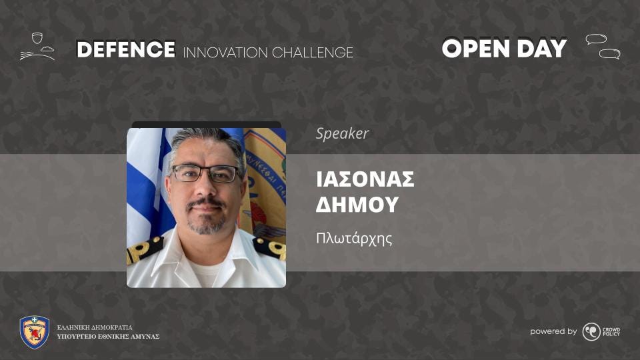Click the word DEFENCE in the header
(126, 49)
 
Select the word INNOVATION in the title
(225, 53)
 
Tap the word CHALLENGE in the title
(312, 53)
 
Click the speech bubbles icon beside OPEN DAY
(603, 47)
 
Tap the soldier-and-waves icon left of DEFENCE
(37, 47)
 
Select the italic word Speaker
(343, 134)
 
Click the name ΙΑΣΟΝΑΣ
(365, 179)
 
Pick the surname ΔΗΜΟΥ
(357, 204)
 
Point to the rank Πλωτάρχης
(354, 239)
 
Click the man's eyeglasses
(206, 173)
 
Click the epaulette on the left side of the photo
(145, 248)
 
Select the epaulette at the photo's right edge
(269, 247)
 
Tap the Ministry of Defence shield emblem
(35, 332)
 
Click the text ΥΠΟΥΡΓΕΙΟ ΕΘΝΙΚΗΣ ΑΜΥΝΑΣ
(108, 337)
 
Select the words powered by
(553, 331)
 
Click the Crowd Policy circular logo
(591, 331)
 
